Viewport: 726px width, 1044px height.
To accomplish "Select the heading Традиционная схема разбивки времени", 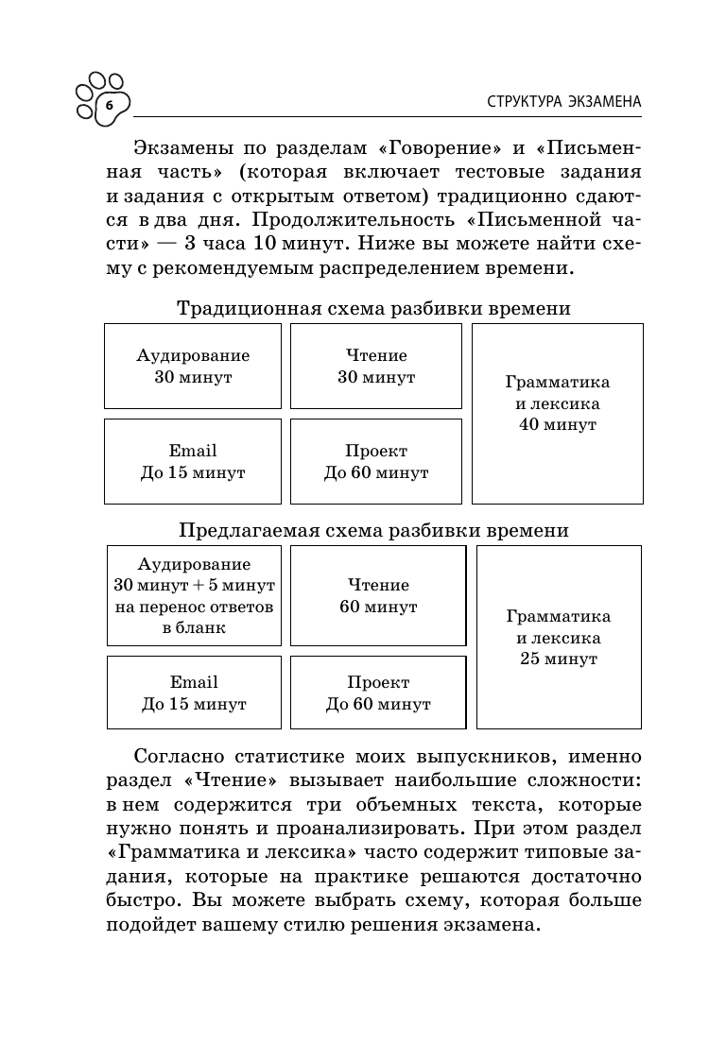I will (x=373, y=309).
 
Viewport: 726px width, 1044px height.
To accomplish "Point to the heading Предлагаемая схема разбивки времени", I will (x=373, y=530).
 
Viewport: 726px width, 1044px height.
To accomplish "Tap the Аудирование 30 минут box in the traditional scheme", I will (x=193, y=367).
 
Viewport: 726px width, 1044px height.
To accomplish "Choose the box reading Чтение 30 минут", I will (x=376, y=367).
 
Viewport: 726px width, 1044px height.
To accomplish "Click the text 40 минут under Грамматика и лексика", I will (x=558, y=425).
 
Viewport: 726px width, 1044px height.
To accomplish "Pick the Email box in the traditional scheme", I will (x=193, y=462).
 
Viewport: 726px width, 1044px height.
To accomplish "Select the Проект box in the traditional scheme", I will (x=376, y=462).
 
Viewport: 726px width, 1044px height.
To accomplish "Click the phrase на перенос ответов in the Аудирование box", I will (x=194, y=607).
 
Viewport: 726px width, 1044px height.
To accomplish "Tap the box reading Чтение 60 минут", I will (x=378, y=595).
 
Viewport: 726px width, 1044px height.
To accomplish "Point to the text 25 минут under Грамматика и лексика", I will (x=559, y=659).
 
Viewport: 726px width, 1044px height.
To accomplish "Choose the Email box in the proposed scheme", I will (x=194, y=693).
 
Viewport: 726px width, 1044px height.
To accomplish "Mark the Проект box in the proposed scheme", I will (x=378, y=693).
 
